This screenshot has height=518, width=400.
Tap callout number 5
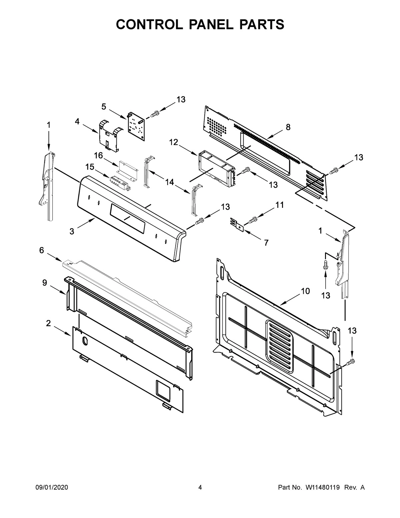tap(104, 106)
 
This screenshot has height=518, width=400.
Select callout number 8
tap(288, 127)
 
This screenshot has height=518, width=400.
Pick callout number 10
tap(305, 291)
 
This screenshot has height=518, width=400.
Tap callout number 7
tap(266, 243)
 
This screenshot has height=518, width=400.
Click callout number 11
tap(279, 205)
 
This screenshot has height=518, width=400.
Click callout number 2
tap(49, 323)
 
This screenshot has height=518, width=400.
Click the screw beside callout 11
tap(253, 219)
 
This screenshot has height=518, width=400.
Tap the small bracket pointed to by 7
tap(237, 223)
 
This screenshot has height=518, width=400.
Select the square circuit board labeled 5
tap(136, 127)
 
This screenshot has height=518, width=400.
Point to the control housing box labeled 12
tap(215, 169)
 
